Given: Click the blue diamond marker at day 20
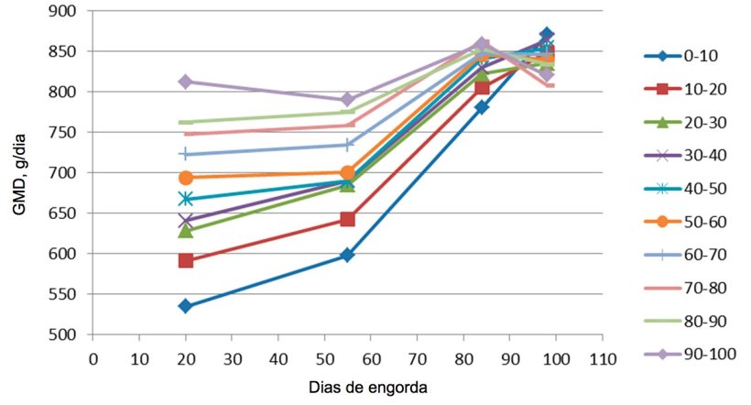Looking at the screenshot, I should [x=185, y=306].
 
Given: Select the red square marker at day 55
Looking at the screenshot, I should [x=347, y=219].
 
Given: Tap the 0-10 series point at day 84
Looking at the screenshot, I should [x=482, y=107].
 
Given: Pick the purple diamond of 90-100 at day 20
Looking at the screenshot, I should [x=185, y=82].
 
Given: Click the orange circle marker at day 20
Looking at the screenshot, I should [x=185, y=178].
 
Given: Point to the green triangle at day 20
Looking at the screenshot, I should [x=185, y=231].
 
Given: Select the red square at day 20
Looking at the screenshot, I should [x=185, y=261].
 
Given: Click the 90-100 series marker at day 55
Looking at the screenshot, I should [x=347, y=100].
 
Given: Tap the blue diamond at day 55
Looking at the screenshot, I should [x=347, y=255].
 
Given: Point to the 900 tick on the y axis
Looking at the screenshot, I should [x=68, y=11].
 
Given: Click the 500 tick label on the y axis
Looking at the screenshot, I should [x=68, y=334].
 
